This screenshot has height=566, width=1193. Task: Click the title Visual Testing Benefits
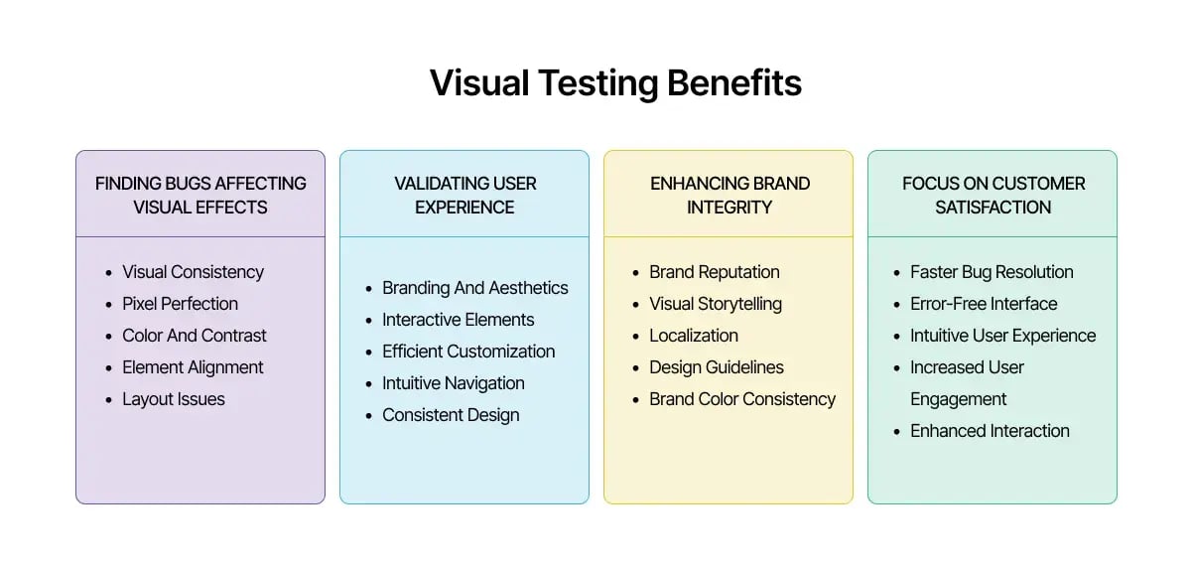click(615, 82)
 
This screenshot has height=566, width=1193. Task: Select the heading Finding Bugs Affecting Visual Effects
click(200, 195)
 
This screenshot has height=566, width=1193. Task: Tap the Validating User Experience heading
click(464, 195)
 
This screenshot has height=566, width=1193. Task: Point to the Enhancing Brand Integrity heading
click(729, 195)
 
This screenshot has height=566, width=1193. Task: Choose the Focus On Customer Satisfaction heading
click(993, 195)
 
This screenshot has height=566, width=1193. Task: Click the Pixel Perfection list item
click(180, 304)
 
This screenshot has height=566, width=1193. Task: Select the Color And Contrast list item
click(194, 336)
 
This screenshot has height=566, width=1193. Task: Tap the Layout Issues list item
click(173, 399)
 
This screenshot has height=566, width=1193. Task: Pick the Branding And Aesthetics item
click(474, 288)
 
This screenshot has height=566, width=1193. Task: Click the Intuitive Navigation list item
click(453, 383)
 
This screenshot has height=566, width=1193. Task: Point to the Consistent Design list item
click(451, 415)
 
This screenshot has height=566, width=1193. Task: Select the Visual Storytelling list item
click(715, 304)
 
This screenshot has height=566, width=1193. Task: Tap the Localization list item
click(693, 336)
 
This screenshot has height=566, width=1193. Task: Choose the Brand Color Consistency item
click(741, 399)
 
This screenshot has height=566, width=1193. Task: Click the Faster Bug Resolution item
click(992, 272)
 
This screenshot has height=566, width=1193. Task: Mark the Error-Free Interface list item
click(984, 304)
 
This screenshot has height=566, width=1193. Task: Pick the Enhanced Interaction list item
click(990, 431)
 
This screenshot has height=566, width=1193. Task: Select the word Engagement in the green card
click(958, 399)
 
